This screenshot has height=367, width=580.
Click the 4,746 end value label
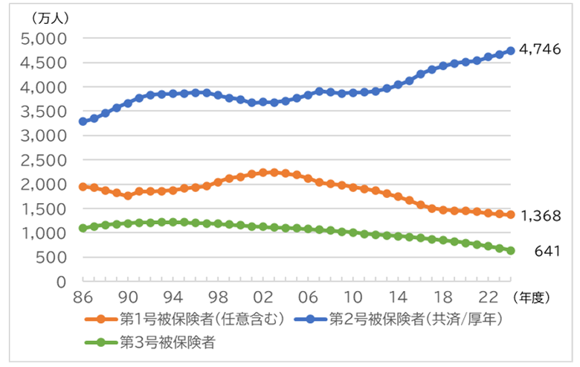pos(540,49)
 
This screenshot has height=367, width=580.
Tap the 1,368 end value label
pos(540,216)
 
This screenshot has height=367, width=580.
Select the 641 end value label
pos(547,252)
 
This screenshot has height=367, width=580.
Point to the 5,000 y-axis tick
pos(46,38)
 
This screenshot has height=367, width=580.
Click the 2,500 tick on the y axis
pos(46,160)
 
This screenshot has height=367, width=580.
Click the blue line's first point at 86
pos(83,121)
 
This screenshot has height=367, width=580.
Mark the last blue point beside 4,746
pos(511,51)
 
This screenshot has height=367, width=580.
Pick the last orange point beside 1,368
pos(511,214)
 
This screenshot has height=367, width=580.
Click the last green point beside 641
pos(511,250)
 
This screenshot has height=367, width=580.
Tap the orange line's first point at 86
pos(83,187)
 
